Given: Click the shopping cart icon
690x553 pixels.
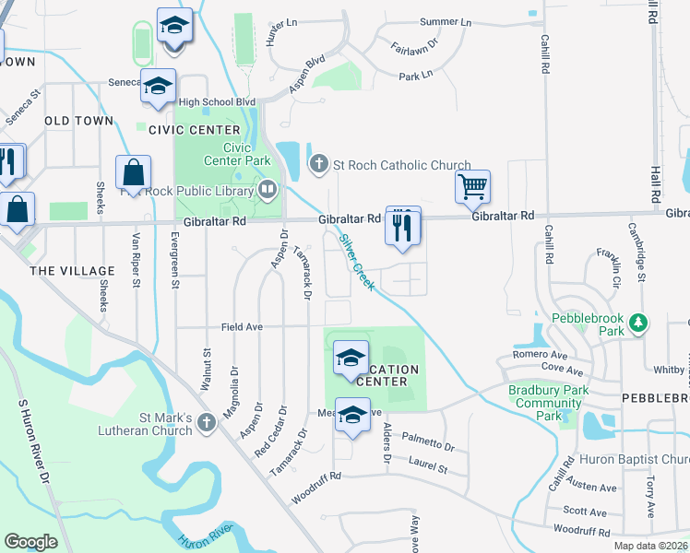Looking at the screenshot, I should tap(473, 187).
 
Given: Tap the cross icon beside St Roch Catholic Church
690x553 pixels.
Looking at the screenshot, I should tap(318, 165).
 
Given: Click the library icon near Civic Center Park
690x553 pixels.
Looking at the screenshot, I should tap(268, 191).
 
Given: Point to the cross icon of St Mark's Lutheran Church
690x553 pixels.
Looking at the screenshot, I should tap(207, 423).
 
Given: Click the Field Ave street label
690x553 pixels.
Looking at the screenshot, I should tap(243, 327).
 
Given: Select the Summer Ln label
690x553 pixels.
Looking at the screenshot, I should tap(445, 22).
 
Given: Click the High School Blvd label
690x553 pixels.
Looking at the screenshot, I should tap(218, 102).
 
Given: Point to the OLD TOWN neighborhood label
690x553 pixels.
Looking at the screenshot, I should tap(78, 121).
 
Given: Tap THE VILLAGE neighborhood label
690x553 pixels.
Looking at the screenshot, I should tap(73, 271).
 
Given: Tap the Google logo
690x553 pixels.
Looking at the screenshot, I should tap(30, 541).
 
